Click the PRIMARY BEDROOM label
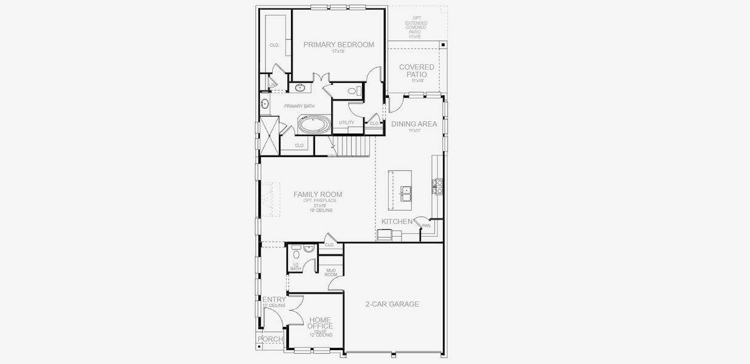[x=338, y=44]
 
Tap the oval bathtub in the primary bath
[x=314, y=126]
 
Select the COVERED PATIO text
[x=416, y=70]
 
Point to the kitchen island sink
[x=406, y=193]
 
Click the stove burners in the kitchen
[x=437, y=186]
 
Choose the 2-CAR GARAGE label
[x=392, y=304]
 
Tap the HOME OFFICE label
[x=319, y=323]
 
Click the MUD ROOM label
[x=331, y=272]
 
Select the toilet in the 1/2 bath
[x=296, y=249]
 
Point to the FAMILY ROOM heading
[x=318, y=195]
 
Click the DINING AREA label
[x=414, y=124]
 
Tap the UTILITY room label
[x=346, y=123]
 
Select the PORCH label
[x=270, y=339]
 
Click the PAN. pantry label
[x=426, y=226]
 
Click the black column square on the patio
[x=443, y=45]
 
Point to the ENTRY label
[x=274, y=299]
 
